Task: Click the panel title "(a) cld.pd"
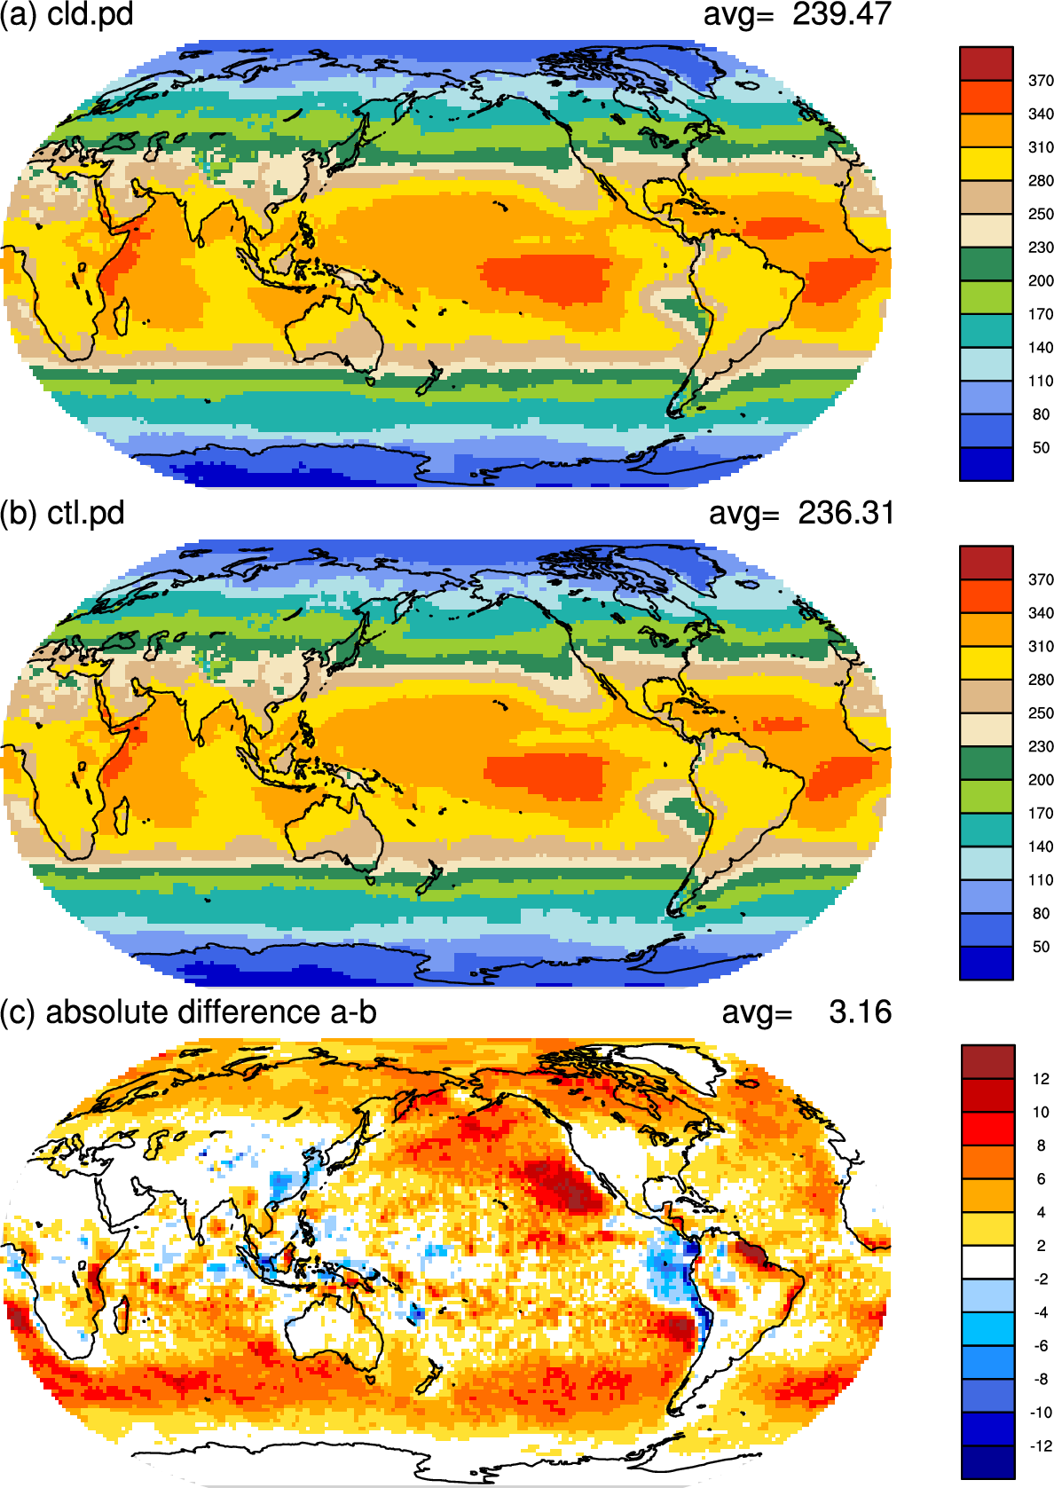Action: point(67,14)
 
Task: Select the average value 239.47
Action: point(841,13)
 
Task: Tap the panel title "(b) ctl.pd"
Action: point(62,513)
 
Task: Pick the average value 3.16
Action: point(860,1012)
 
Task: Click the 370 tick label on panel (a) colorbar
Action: point(1041,81)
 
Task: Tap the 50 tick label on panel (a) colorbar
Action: point(1041,448)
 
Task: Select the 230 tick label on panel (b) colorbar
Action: point(1041,746)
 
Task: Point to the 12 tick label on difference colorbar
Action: point(1041,1079)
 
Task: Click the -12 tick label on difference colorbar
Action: point(1040,1445)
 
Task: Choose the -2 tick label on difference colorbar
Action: point(1040,1279)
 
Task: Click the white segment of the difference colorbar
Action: point(988,1262)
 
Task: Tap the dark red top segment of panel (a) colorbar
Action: point(987,64)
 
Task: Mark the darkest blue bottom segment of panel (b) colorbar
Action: point(987,963)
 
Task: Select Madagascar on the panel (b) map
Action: point(121,816)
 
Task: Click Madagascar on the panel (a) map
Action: point(121,318)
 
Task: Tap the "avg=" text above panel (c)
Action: point(757,1013)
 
